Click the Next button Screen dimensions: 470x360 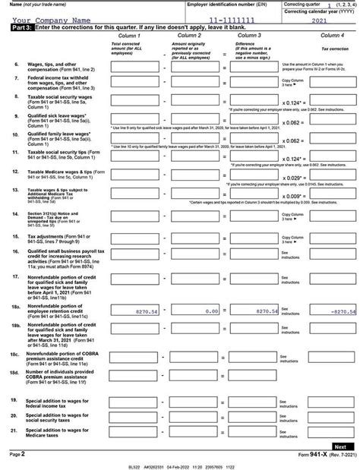pos(340,446)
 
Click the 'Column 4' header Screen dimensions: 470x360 pos(332,36)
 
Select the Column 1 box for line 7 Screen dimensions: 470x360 pos(136,83)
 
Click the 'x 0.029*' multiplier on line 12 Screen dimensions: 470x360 pos(292,178)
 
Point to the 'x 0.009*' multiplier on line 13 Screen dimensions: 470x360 pos(292,196)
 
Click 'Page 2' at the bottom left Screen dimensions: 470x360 pos(17,453)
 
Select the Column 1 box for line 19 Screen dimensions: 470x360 pos(136,402)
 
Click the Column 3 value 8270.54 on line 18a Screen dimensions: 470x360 pos(256,311)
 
